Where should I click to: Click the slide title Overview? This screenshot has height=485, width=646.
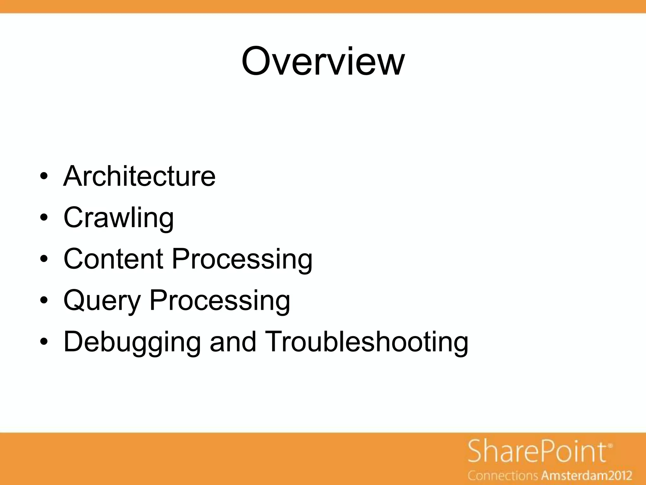(x=323, y=62)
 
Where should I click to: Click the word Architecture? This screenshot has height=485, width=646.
(x=139, y=176)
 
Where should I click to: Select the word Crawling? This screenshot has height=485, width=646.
(x=119, y=218)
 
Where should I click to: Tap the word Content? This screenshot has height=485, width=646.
(x=113, y=259)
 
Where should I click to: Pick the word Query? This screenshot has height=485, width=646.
(x=102, y=301)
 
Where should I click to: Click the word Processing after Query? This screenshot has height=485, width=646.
(x=220, y=301)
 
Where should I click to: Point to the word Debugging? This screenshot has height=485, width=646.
(x=132, y=342)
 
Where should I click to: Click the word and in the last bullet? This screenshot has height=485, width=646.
(x=233, y=342)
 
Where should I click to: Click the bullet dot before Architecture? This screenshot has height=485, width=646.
(x=44, y=176)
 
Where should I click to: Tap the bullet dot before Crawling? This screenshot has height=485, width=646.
(x=44, y=218)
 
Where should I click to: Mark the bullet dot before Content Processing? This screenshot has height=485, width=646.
(x=44, y=259)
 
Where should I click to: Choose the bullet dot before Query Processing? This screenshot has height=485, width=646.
(x=44, y=300)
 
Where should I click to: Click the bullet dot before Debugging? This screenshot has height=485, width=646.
(x=44, y=342)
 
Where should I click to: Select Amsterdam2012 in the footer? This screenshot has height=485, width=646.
(x=587, y=475)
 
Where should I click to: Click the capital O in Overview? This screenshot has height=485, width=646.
(x=258, y=62)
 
